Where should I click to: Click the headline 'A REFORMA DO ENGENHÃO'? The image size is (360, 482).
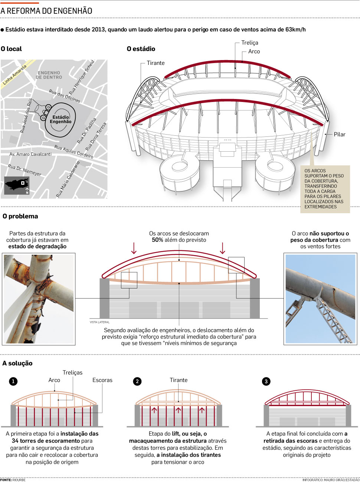[x=46, y=11]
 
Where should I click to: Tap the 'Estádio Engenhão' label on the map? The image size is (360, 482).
[x=60, y=119]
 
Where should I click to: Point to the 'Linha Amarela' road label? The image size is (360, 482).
[x=15, y=75]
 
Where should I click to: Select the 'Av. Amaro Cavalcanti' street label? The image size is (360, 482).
[x=30, y=154]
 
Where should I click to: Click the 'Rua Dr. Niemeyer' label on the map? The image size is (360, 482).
[x=24, y=170]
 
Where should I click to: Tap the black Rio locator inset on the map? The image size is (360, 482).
[x=17, y=185]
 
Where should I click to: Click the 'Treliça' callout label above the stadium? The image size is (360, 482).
[x=250, y=43]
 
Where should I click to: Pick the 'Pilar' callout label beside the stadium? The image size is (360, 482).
[x=340, y=134]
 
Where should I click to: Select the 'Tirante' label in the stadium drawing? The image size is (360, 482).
[x=156, y=63]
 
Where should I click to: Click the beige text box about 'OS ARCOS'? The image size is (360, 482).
[x=324, y=189]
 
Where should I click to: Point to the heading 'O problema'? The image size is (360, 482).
[x=20, y=216]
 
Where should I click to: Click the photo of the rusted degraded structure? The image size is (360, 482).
[x=39, y=298]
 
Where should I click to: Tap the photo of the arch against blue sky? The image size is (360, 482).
[x=320, y=298]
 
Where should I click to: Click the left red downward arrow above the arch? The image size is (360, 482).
[x=134, y=248]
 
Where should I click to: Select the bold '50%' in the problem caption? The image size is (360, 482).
[x=158, y=240]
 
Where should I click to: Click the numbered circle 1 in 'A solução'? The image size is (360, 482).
[x=13, y=381]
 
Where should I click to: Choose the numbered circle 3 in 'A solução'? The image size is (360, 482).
[x=266, y=381]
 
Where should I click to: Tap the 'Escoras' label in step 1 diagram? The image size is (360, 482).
[x=102, y=380]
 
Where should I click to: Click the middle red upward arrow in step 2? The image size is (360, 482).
[x=179, y=410]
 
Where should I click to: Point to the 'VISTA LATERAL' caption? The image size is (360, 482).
[x=99, y=322]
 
